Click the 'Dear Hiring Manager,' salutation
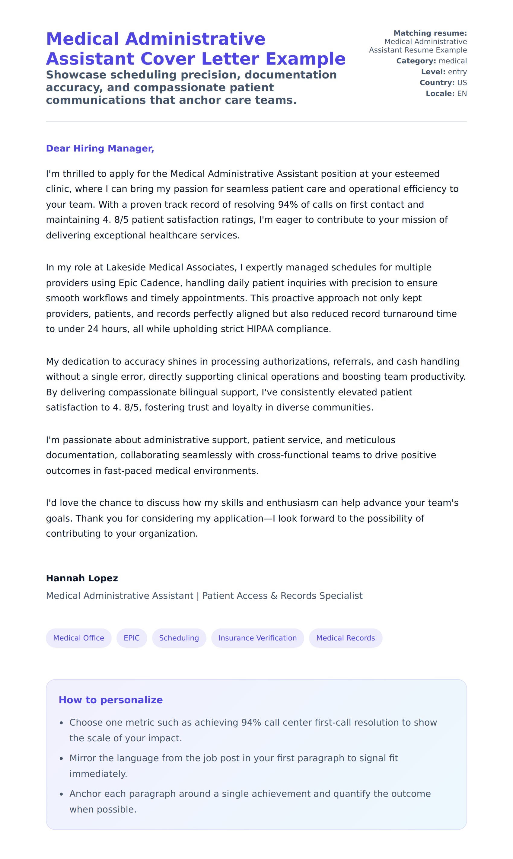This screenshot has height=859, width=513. pos(100,148)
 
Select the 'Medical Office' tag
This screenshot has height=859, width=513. pos(78,638)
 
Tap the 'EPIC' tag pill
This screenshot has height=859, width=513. pos(132,638)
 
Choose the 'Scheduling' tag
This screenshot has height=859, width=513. pos(179,638)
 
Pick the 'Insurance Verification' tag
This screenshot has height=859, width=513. pos(257,638)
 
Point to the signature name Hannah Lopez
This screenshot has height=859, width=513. pos(82,578)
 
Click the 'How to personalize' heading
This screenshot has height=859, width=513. pos(111,700)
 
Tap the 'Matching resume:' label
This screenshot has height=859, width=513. pos(430,33)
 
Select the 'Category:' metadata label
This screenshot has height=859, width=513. pos(416,61)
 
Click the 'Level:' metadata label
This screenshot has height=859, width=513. pos(433,72)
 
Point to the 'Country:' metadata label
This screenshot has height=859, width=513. pos(437,83)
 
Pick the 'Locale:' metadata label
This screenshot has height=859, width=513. pos(440,93)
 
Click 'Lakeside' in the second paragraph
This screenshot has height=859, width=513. pos(126,267)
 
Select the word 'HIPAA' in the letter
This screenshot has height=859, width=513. pos(260,329)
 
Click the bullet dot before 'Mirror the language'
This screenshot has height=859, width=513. pos(62,758)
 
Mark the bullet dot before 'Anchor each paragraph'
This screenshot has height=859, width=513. pos(62,794)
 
